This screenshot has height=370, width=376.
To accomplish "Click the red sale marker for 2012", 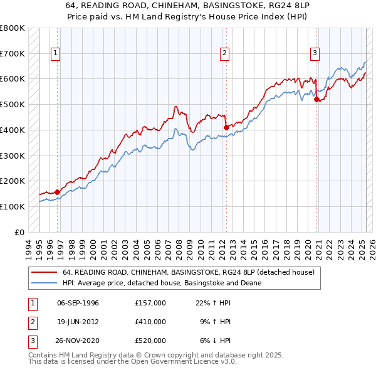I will [226, 127].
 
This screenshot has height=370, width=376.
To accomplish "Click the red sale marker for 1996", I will [57, 192].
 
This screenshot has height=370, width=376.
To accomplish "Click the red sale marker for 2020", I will [316, 99].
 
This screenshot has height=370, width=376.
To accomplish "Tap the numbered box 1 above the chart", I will [56, 53].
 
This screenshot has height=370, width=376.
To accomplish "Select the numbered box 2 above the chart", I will [224, 53].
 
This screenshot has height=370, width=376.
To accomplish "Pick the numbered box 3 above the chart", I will [315, 53].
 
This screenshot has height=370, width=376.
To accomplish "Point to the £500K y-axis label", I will [13, 104].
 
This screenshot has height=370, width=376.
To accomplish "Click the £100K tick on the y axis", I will [13, 206].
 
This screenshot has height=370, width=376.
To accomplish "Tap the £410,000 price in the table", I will [150, 322].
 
